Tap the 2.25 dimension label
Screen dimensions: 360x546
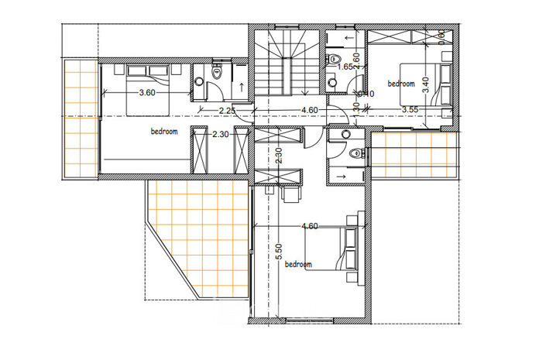[x=227, y=111]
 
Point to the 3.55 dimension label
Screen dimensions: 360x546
[x=410, y=110]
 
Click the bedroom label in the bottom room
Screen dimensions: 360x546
[x=298, y=265]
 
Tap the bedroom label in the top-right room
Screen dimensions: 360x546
[x=401, y=84]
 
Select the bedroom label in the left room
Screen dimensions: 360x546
[x=164, y=132]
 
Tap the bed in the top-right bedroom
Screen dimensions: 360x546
[x=438, y=84]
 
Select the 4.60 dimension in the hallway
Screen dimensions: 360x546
[x=309, y=111]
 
